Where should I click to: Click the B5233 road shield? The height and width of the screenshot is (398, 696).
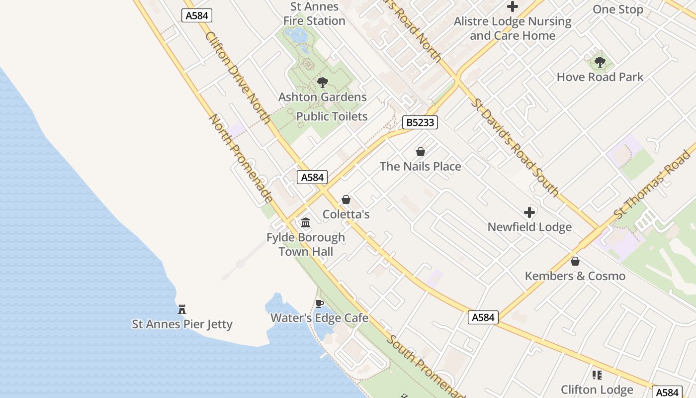420,122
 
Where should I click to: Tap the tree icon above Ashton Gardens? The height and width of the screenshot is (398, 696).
323,83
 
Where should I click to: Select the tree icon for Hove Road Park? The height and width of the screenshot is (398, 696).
600,62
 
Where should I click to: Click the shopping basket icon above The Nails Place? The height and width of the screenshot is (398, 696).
421,151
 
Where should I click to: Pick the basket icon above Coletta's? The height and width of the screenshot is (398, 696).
346,199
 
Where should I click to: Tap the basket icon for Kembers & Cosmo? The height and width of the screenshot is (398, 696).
575,261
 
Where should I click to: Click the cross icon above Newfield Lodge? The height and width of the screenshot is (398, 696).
529,212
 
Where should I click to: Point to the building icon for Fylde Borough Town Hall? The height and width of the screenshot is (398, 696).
306,222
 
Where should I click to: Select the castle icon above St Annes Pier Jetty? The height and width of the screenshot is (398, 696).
182,309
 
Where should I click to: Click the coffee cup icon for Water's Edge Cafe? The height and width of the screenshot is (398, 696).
320,303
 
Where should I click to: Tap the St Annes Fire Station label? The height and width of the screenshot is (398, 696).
314,14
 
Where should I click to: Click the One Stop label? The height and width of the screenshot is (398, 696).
618,9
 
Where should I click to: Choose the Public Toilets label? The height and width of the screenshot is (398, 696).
332,116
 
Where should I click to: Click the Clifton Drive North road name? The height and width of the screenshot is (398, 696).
238,78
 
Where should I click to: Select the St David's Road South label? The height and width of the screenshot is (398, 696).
515,147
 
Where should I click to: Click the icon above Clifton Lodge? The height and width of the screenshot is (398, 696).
597,375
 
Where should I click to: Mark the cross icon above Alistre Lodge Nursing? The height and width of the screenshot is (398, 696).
513,7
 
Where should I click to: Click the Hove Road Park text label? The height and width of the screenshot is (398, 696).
600,77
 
